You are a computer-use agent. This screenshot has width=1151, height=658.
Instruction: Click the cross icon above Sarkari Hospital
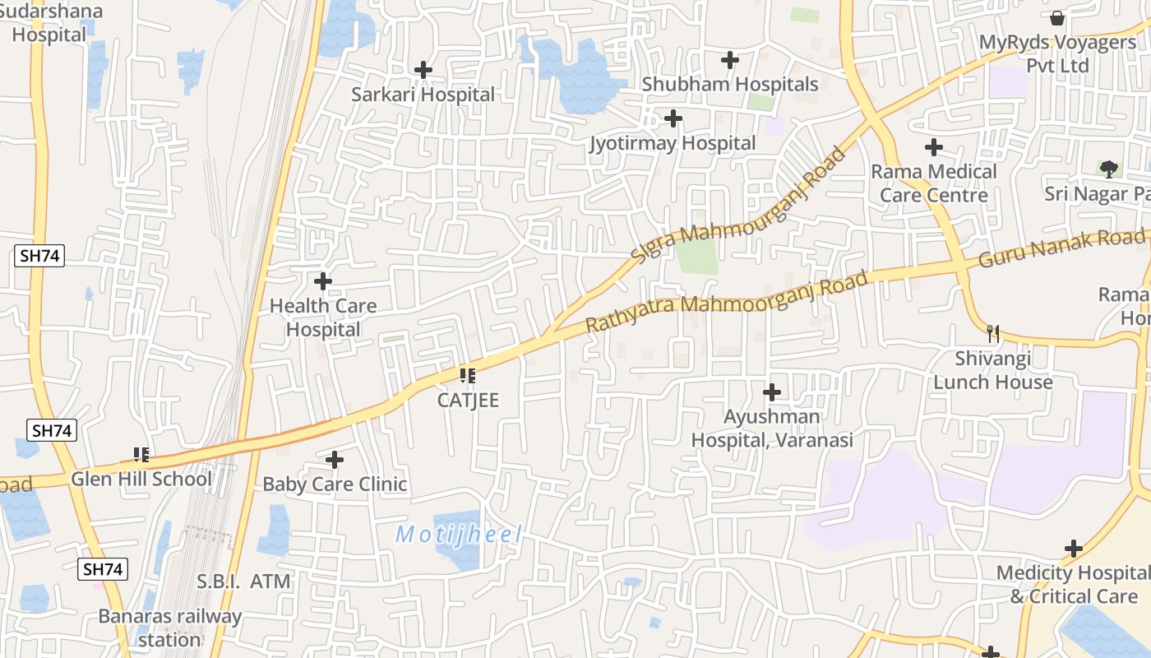423,71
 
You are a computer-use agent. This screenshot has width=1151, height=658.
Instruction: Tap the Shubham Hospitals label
730,85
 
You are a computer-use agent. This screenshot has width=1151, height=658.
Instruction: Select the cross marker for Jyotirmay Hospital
673,119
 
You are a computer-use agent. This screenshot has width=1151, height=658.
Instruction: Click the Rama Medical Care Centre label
934,183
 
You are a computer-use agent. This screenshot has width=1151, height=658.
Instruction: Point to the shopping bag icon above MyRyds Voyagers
1057,17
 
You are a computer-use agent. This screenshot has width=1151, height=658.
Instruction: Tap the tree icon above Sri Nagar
1109,169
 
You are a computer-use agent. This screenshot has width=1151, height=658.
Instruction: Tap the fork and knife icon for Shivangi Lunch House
993,333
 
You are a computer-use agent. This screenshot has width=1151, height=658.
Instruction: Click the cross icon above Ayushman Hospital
772,392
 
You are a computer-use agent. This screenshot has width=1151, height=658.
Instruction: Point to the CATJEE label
468,401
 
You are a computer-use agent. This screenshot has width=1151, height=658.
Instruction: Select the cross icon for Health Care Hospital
323,281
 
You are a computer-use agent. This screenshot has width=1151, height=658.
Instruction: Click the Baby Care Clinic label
335,484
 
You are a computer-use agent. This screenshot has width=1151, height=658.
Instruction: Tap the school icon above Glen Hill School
141,454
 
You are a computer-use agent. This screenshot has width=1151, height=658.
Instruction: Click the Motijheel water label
459,535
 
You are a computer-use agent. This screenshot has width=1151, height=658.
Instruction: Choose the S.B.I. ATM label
243,582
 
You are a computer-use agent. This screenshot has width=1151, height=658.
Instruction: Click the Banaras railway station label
170,628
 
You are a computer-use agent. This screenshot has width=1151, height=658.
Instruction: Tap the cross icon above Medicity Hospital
1073,549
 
